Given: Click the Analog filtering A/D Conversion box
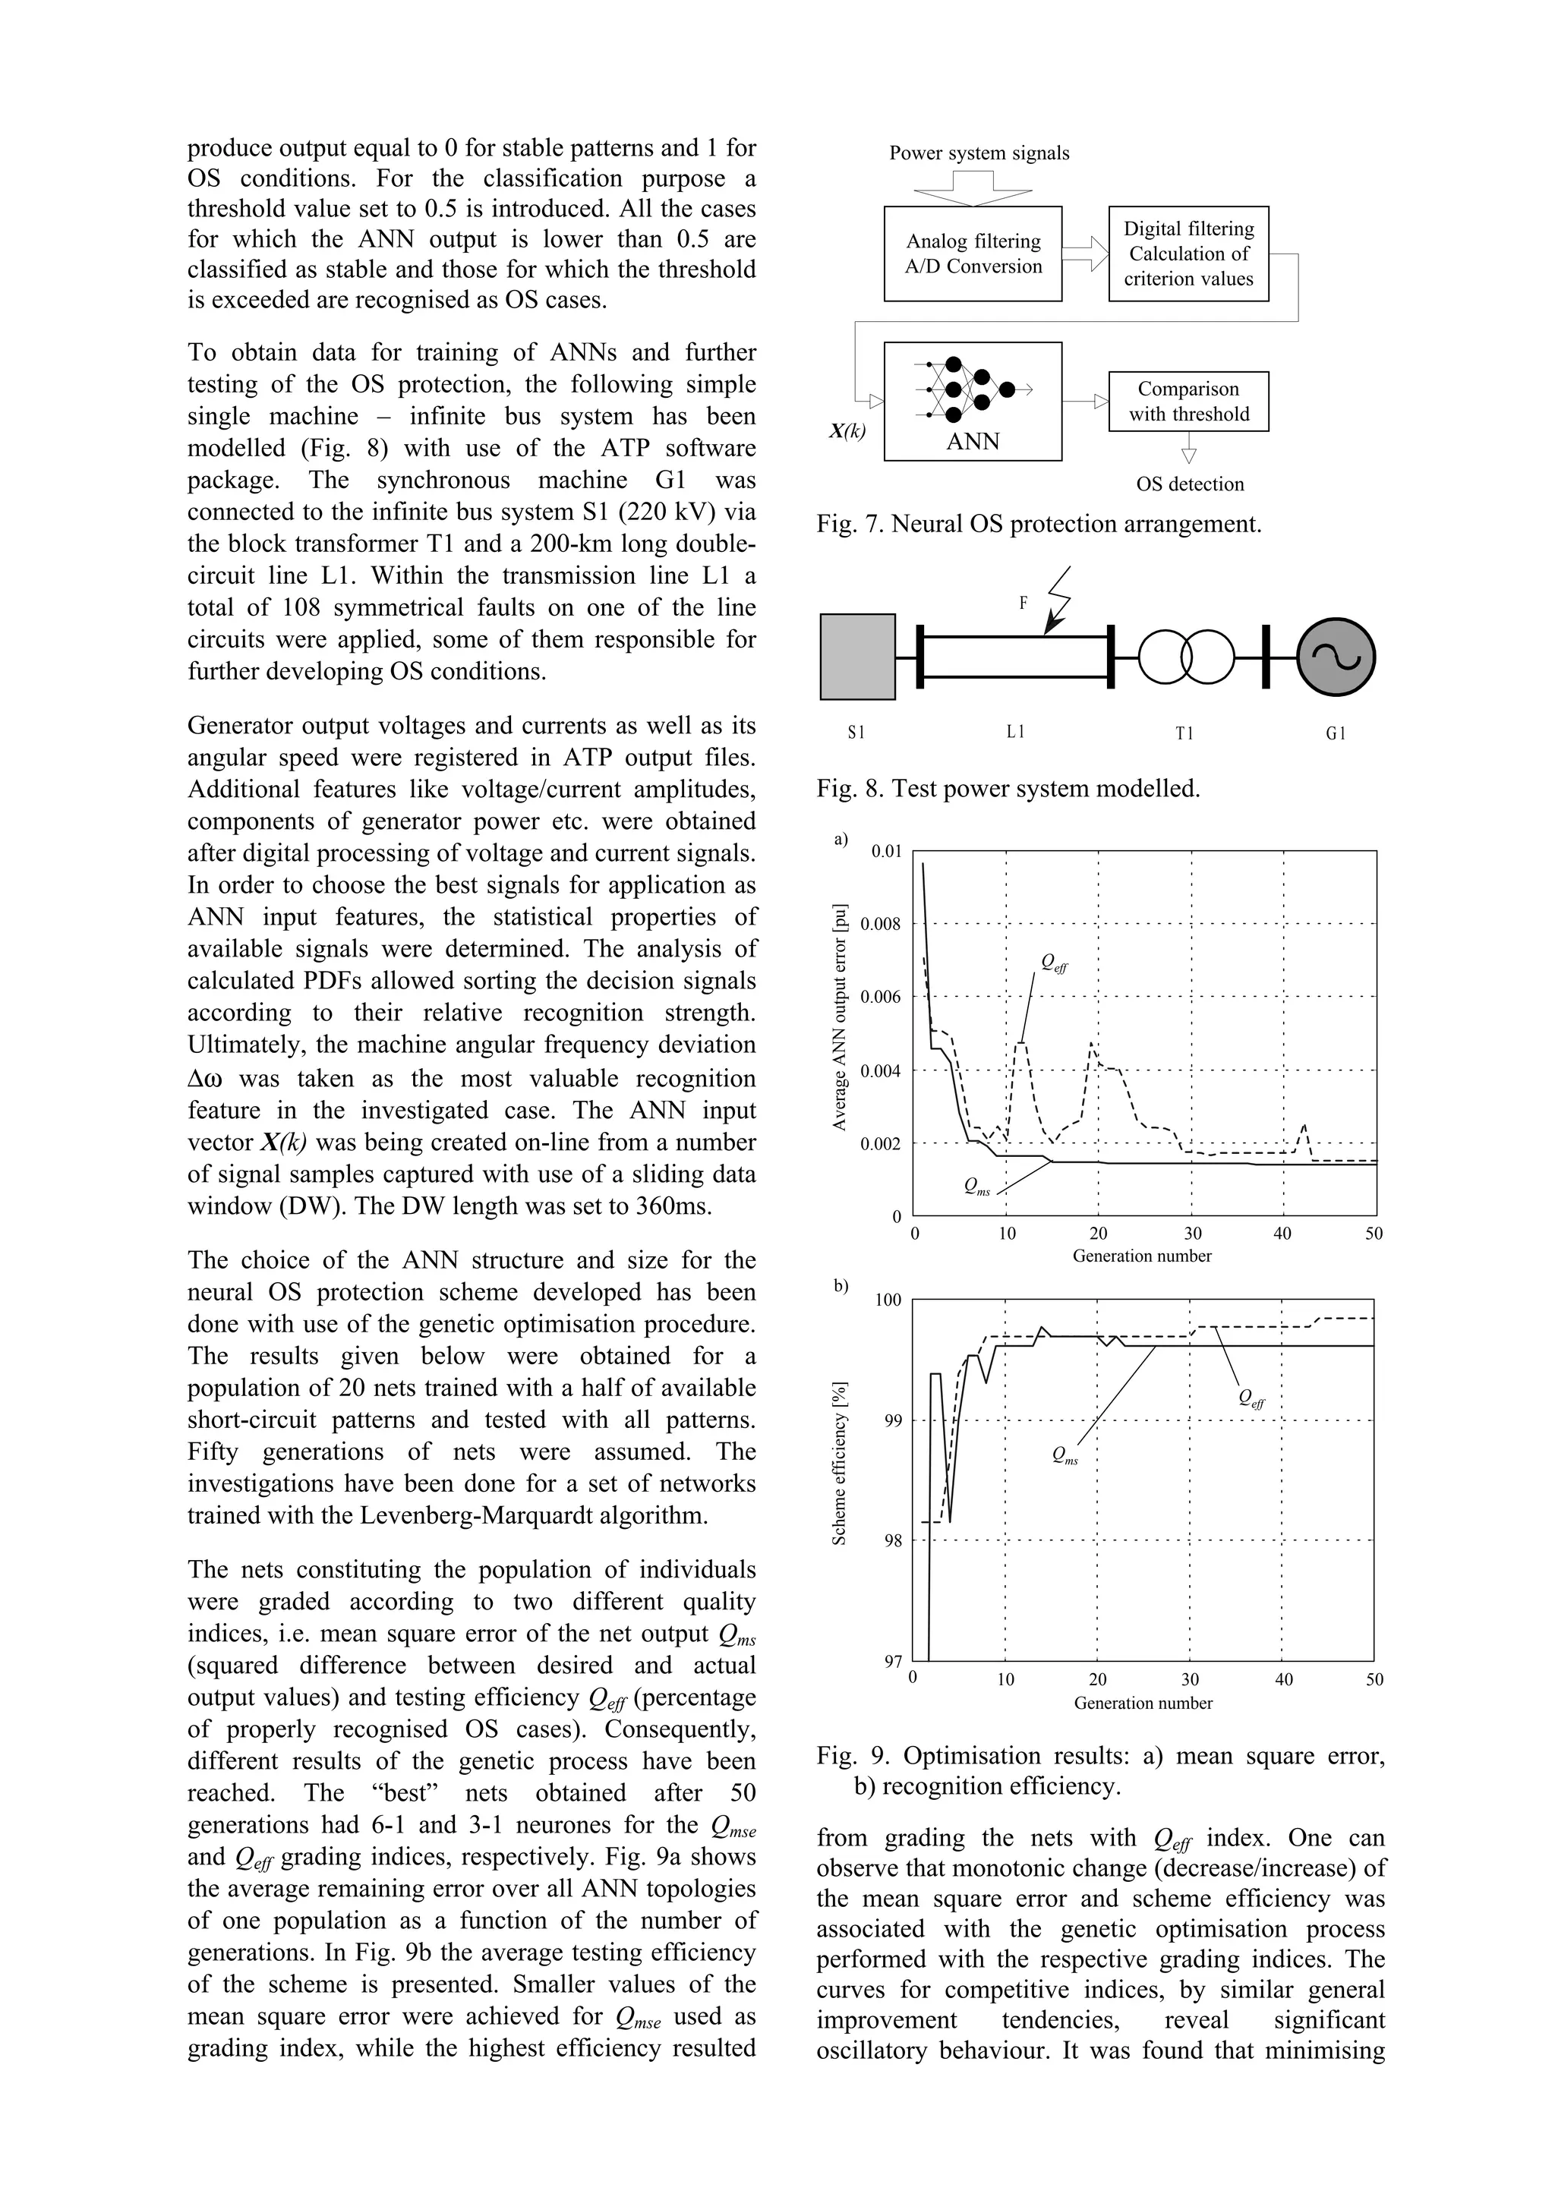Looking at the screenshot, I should [x=973, y=254].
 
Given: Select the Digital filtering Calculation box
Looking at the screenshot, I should [x=1188, y=254].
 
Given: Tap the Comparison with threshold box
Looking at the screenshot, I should [x=1188, y=402].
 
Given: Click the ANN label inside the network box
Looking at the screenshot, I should [x=973, y=442].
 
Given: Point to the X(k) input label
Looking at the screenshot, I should [x=847, y=431].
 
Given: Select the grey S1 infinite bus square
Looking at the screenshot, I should [x=857, y=657].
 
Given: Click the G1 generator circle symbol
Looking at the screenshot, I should [x=1336, y=657].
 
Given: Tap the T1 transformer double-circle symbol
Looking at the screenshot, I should [x=1185, y=657].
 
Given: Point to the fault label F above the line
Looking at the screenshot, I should [x=1024, y=604].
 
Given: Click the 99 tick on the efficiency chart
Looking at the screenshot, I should [x=891, y=1421].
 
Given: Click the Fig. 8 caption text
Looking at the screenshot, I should [x=1008, y=789].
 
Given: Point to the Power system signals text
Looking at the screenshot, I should [x=979, y=153].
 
